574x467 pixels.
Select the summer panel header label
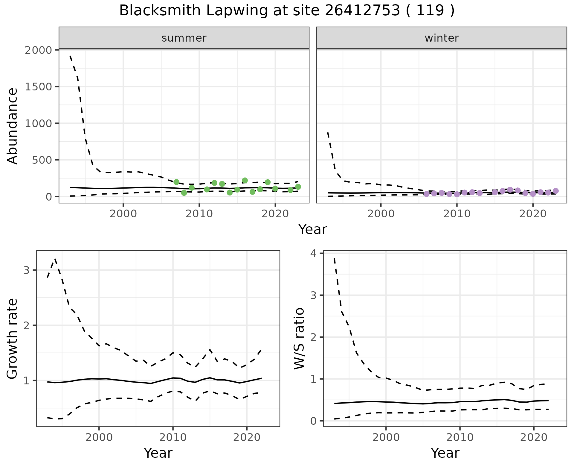pyautogui.click(x=184, y=38)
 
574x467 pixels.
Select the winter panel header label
pyautogui.click(x=442, y=38)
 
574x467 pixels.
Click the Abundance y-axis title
pyautogui.click(x=13, y=126)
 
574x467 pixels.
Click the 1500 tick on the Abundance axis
pyautogui.click(x=39, y=87)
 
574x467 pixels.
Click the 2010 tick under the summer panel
pyautogui.click(x=199, y=214)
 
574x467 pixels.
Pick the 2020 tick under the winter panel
pyautogui.click(x=532, y=214)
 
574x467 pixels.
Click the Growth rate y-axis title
pyautogui.click(x=13, y=339)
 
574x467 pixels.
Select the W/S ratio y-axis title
pyautogui.click(x=299, y=339)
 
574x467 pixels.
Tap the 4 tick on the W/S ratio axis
pyautogui.click(x=313, y=253)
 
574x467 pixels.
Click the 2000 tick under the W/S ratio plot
pyautogui.click(x=386, y=437)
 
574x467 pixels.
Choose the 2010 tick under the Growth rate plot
pyautogui.click(x=173, y=437)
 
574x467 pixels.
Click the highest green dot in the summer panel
pyautogui.click(x=245, y=180)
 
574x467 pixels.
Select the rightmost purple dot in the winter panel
pyautogui.click(x=556, y=191)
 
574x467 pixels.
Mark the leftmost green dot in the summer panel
pyautogui.click(x=176, y=182)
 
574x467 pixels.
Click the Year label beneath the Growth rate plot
pyautogui.click(x=158, y=453)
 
